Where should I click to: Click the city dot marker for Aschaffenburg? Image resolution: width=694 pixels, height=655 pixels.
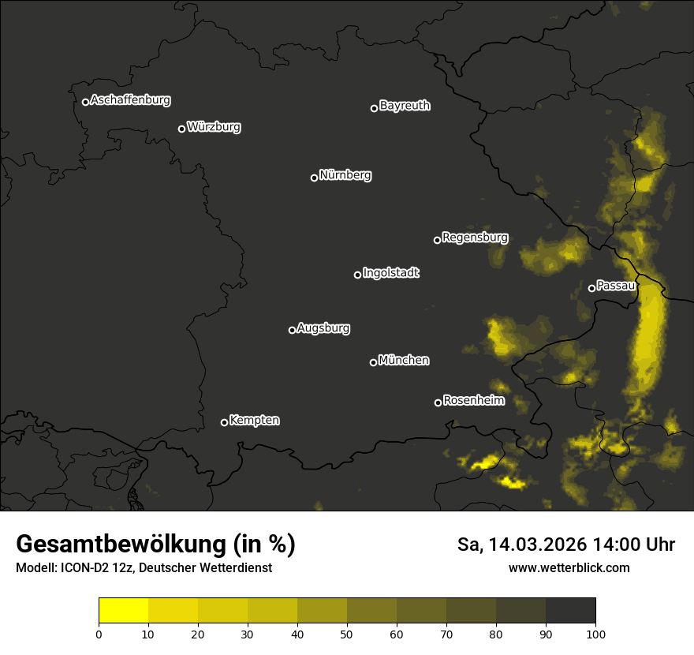85,102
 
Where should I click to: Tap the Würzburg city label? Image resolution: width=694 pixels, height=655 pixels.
214,126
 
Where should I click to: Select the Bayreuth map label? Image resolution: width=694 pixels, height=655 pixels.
405,105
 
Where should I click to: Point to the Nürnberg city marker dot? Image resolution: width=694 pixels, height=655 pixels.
314,178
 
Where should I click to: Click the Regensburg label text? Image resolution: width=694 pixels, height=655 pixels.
475,237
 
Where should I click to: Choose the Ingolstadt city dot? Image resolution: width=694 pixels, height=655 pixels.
357,275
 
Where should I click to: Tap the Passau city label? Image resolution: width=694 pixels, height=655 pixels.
616,285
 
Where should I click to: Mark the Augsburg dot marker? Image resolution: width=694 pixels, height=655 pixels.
292,330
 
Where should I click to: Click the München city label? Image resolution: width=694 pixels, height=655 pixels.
404,360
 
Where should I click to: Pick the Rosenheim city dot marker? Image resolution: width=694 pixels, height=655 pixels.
438,402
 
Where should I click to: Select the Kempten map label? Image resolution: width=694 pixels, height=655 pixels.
254,420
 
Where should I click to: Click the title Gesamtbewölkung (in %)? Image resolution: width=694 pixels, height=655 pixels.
155,545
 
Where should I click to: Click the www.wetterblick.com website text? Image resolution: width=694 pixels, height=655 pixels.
569,567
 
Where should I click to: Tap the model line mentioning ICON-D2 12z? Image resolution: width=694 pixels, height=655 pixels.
144,567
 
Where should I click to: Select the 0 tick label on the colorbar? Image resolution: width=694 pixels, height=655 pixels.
99,633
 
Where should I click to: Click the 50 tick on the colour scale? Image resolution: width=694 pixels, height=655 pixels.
347,633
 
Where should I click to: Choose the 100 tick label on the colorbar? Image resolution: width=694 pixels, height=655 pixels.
595,633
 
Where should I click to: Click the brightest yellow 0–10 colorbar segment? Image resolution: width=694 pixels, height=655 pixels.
123,611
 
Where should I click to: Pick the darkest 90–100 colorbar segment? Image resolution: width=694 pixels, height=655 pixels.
570,611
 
